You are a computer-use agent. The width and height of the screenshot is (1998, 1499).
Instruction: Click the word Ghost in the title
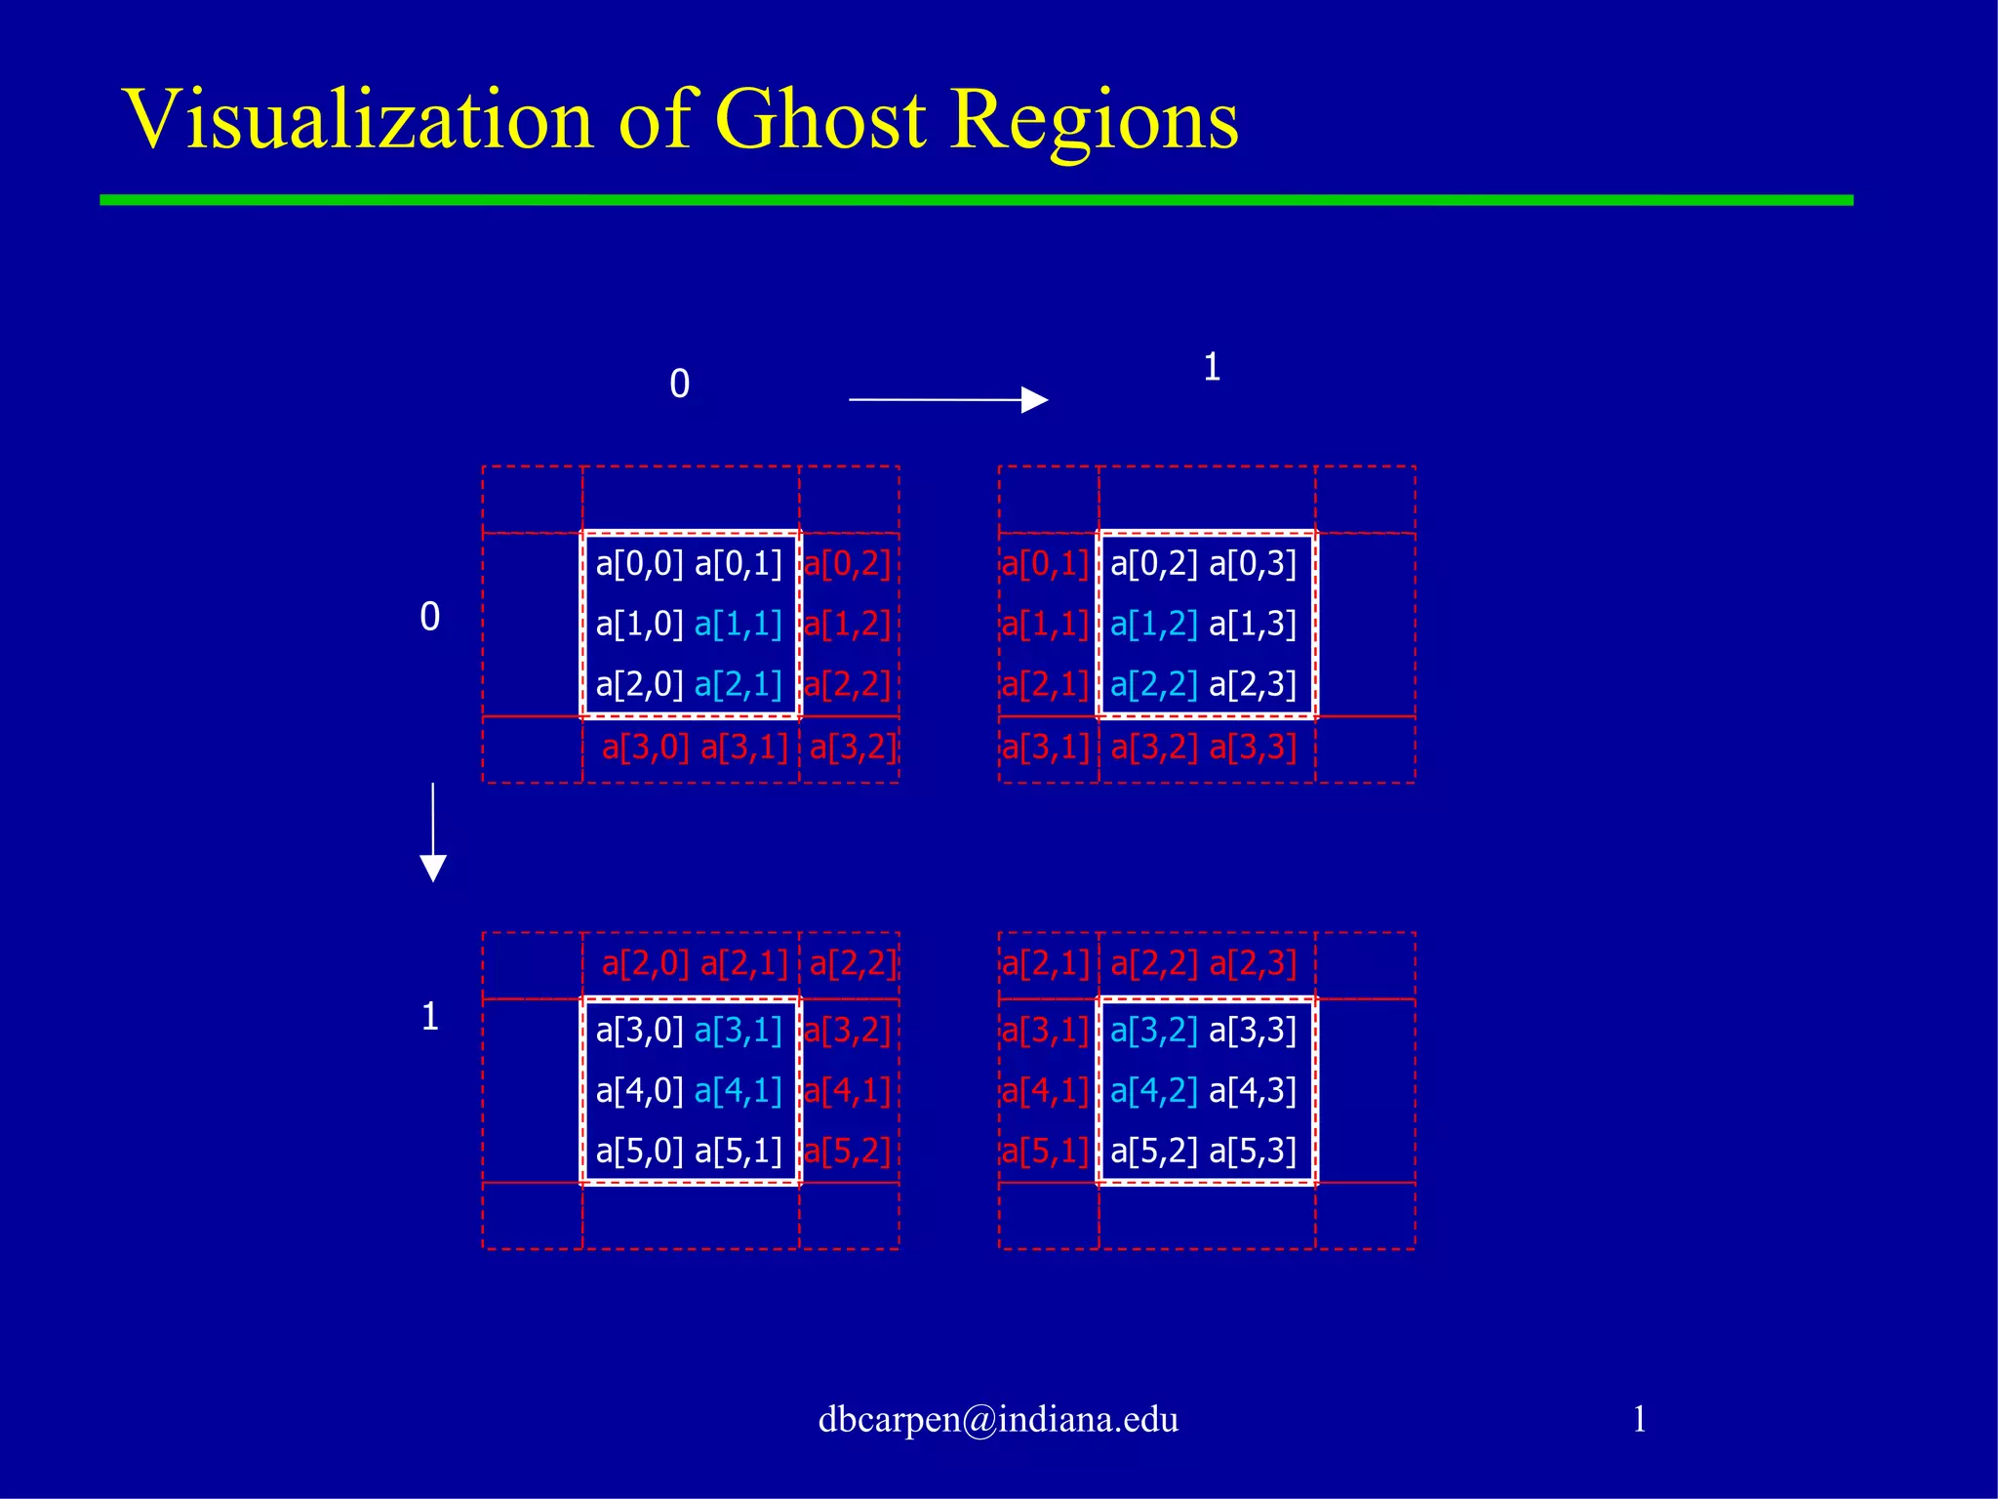point(820,121)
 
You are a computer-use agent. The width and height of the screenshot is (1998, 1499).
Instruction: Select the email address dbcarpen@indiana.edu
point(998,1419)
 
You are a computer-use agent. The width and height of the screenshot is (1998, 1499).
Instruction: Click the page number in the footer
point(1639,1419)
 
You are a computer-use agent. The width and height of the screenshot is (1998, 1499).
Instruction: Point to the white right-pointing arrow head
point(1034,399)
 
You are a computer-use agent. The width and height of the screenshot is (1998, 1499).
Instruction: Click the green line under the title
point(976,200)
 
